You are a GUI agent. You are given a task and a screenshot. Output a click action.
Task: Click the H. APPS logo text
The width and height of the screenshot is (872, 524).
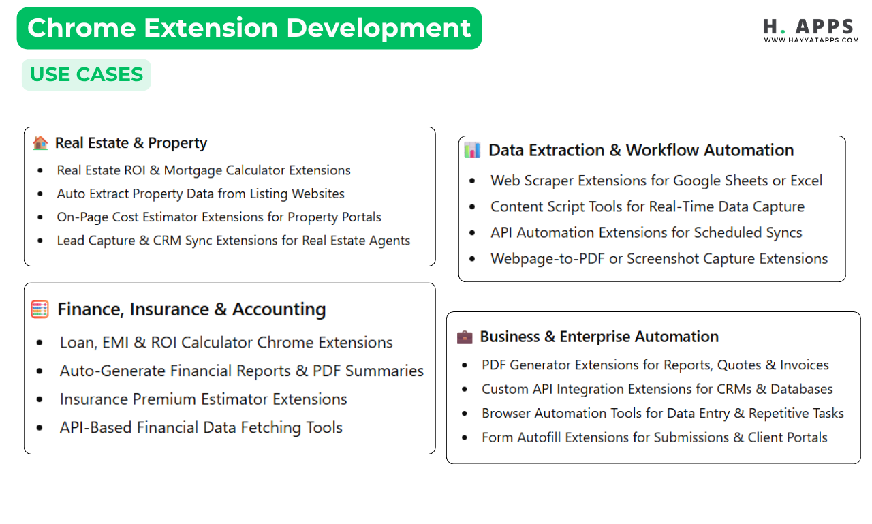(x=808, y=27)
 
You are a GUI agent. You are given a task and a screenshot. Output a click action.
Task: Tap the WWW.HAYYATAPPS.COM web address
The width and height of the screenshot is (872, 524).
(x=811, y=40)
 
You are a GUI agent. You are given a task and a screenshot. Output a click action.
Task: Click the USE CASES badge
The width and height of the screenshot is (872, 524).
(x=87, y=74)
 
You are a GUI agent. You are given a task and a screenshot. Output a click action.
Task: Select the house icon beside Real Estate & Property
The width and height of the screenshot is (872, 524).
(x=40, y=143)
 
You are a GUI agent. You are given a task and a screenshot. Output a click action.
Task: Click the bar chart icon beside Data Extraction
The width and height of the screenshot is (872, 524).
(x=472, y=150)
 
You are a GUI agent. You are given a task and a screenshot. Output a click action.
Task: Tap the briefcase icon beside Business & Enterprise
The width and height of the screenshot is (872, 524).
(x=464, y=337)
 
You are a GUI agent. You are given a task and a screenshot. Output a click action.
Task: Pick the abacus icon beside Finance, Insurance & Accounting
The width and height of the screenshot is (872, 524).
(x=40, y=309)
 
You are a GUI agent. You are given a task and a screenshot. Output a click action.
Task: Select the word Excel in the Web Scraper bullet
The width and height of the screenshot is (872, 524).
(x=806, y=181)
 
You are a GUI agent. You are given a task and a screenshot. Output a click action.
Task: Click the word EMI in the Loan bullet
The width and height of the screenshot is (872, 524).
(x=114, y=342)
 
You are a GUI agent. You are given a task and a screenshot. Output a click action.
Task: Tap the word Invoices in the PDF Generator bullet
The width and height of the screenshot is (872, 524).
(x=804, y=365)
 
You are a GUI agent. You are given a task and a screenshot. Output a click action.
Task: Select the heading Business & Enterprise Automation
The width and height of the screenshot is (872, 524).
(x=599, y=337)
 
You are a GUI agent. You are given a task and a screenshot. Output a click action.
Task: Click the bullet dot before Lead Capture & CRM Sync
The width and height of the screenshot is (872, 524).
(x=41, y=241)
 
